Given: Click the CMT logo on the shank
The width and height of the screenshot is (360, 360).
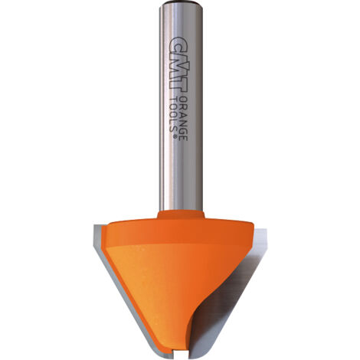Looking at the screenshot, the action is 179,64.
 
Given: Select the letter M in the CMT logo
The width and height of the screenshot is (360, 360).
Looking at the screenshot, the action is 179,66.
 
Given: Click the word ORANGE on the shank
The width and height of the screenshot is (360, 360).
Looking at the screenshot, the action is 183,119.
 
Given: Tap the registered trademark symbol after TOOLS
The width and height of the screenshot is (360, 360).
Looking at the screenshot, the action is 175,136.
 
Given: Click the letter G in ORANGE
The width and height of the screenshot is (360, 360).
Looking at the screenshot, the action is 183,129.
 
